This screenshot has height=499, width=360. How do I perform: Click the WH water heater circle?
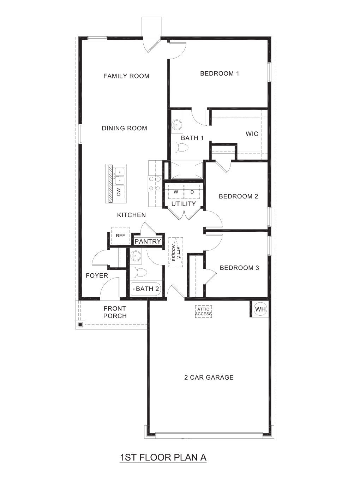click(260, 309)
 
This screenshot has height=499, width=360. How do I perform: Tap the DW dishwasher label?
click(119, 192)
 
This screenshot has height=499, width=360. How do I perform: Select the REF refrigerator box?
click(120, 236)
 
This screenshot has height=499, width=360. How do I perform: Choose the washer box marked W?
click(175, 192)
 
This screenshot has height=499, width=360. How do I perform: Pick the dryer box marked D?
click(192, 192)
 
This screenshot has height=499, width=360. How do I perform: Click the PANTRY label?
click(148, 242)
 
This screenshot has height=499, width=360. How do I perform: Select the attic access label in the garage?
click(203, 311)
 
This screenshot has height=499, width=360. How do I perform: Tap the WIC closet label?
click(252, 134)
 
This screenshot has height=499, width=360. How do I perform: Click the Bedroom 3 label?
click(239, 268)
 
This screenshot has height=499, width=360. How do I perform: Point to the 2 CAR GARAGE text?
click(209, 377)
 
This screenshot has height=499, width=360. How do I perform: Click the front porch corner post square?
click(80, 325)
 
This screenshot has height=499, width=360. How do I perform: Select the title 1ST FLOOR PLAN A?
click(163, 457)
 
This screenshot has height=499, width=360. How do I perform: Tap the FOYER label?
click(97, 275)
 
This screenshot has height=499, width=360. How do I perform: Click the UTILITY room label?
click(184, 204)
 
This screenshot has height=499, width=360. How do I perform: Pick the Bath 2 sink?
click(135, 256)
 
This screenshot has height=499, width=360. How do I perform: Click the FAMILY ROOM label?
click(126, 76)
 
